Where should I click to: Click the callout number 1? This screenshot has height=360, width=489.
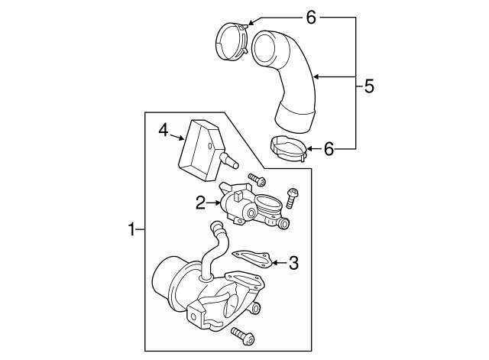131,229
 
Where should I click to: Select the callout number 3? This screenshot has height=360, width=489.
293,264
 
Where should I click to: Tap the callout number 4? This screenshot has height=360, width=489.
164,131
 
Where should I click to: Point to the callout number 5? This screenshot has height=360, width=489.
368,86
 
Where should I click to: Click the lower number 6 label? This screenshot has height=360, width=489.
329,148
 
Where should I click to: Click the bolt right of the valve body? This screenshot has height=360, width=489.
292,198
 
